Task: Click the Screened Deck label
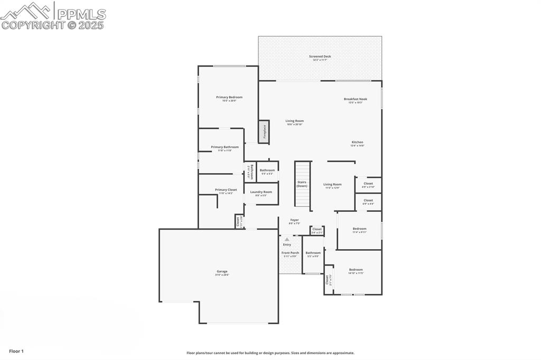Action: [320, 56]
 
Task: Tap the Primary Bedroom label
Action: [229, 97]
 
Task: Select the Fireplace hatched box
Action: [264, 131]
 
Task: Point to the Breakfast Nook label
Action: [355, 99]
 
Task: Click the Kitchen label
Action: [357, 142]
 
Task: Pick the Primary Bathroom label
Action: [225, 147]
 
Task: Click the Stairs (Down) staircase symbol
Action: [302, 185]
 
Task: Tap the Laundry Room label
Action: [261, 192]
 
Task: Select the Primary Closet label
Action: [226, 190]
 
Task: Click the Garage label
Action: [221, 271]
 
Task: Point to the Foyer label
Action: [294, 220]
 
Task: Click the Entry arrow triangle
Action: [287, 239]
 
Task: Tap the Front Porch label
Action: [290, 253]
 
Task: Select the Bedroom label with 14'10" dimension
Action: [356, 269]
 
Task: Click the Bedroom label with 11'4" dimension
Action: [359, 229]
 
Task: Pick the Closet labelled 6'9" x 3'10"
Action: [368, 183]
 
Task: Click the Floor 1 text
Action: [16, 351]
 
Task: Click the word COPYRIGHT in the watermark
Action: [32, 25]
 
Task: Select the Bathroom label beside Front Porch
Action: [313, 253]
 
